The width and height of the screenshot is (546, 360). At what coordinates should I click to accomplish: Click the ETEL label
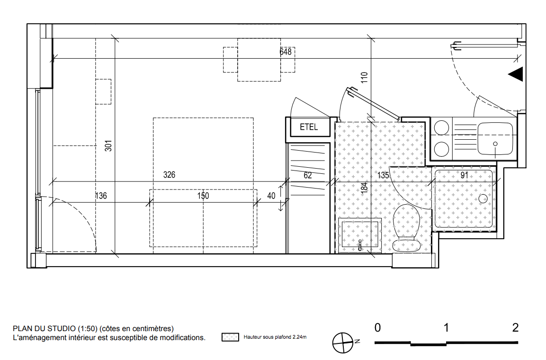(x=309, y=127)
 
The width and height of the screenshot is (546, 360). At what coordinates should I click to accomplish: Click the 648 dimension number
(x=286, y=52)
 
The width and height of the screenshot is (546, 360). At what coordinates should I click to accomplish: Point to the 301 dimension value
(x=108, y=145)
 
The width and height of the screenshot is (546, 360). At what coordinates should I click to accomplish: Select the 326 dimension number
(x=169, y=175)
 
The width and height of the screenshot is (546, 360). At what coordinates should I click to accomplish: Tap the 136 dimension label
(x=101, y=196)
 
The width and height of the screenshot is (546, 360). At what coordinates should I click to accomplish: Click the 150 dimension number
(x=203, y=196)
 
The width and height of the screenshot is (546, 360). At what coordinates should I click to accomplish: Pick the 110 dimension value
(x=364, y=77)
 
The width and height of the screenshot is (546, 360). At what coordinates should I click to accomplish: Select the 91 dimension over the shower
(x=464, y=175)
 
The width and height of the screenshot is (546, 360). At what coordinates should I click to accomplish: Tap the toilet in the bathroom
(x=406, y=227)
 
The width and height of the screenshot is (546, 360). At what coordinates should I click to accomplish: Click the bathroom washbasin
(x=360, y=234)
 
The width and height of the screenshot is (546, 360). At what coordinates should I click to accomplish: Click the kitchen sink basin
(x=495, y=139)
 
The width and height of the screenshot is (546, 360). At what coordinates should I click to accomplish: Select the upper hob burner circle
(x=441, y=127)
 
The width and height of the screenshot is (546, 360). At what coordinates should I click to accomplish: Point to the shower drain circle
(x=483, y=199)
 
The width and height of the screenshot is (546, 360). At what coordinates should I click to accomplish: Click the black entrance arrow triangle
(x=516, y=74)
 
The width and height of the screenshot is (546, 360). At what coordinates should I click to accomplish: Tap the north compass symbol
(x=343, y=342)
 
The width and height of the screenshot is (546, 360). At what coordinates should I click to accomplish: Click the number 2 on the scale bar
(x=515, y=328)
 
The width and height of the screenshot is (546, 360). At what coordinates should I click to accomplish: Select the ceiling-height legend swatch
(x=230, y=337)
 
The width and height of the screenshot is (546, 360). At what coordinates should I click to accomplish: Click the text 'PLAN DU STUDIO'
(x=44, y=328)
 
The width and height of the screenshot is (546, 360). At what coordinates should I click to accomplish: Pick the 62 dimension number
(x=307, y=175)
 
